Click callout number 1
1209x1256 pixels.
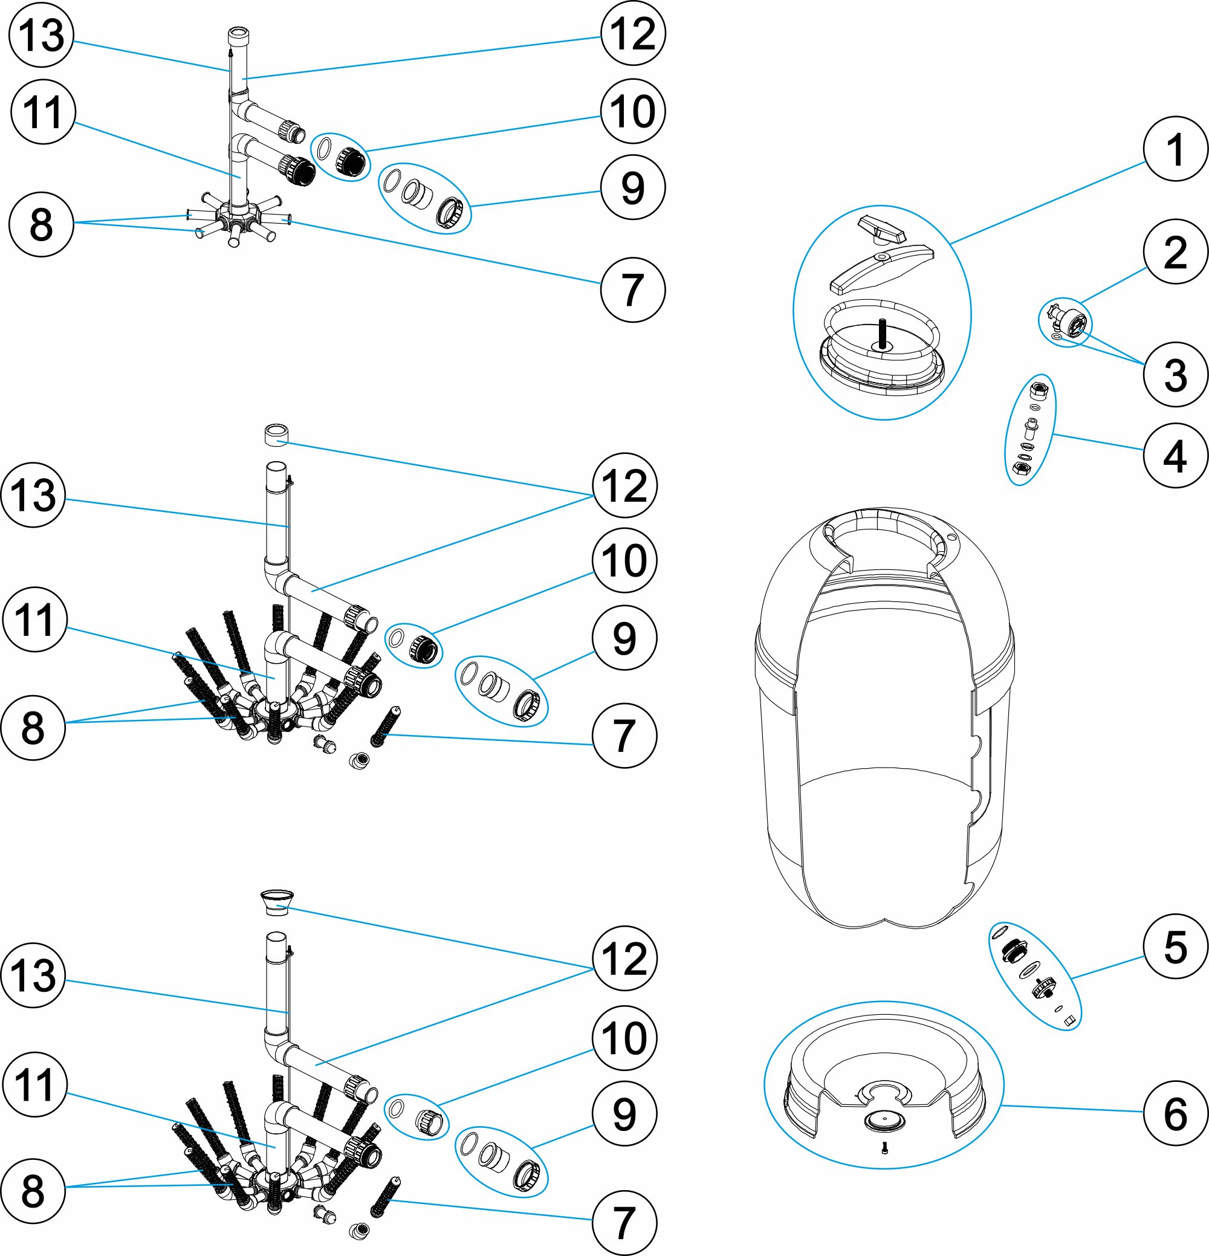click(x=1175, y=149)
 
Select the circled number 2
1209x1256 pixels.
click(x=1175, y=252)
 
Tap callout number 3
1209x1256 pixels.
click(x=1175, y=375)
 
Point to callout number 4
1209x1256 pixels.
click(x=1175, y=456)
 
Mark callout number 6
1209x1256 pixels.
click(x=1175, y=1113)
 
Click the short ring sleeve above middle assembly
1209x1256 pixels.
click(x=276, y=435)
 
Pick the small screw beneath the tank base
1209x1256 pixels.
click(x=884, y=1148)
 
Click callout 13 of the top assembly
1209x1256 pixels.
click(x=42, y=34)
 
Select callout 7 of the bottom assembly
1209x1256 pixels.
click(x=624, y=1223)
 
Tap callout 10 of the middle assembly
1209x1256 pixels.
click(x=624, y=561)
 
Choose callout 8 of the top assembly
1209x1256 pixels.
click(x=41, y=224)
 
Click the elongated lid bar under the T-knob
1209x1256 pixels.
click(x=881, y=268)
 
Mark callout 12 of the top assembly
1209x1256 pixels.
click(x=633, y=33)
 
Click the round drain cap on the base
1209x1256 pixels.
click(x=883, y=1121)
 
